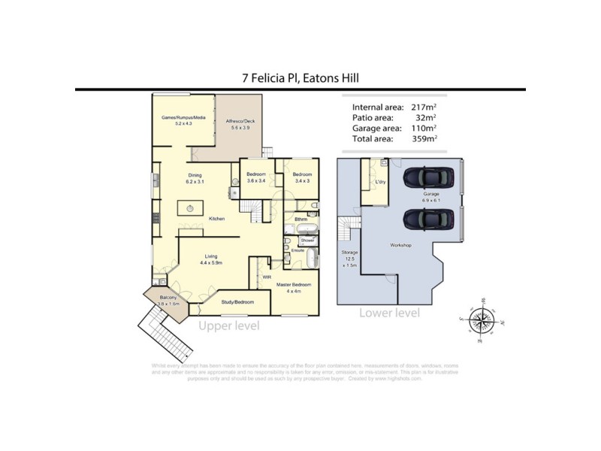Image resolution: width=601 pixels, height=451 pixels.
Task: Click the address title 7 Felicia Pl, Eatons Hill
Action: pyautogui.click(x=300, y=77)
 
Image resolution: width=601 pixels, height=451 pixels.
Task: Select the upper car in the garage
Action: pyautogui.click(x=427, y=177)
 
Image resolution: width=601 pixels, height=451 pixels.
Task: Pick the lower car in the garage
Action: pyautogui.click(x=427, y=219)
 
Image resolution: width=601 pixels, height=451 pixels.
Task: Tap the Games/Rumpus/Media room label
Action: pyautogui.click(x=183, y=119)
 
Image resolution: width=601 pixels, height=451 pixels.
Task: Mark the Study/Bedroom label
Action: pyautogui.click(x=237, y=301)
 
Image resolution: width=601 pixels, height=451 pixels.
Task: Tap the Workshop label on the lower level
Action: pyautogui.click(x=400, y=246)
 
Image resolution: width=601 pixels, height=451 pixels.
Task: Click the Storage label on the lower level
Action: pyautogui.click(x=349, y=253)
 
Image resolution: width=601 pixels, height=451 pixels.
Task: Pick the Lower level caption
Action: pyautogui.click(x=389, y=313)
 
